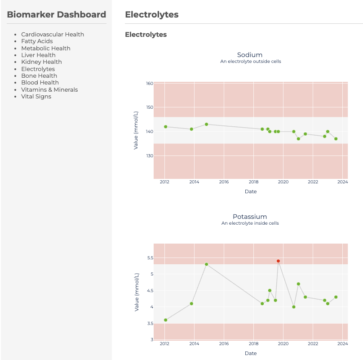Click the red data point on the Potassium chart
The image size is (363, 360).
tap(278, 261)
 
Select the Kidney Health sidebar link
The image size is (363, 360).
tap(41, 62)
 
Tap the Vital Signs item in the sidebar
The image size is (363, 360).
tap(36, 97)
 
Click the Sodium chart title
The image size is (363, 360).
tap(250, 55)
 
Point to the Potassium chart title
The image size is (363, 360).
tap(250, 217)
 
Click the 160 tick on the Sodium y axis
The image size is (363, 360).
tap(150, 84)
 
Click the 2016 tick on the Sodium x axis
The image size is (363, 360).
tap(224, 182)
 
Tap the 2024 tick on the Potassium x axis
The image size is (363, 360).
tap(343, 344)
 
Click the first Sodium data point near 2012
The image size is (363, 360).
tap(165, 127)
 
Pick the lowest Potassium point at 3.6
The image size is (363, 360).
tap(165, 320)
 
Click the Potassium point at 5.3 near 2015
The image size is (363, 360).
tap(206, 264)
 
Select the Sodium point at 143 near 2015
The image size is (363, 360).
tap(206, 124)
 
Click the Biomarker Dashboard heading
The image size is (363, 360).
tap(57, 15)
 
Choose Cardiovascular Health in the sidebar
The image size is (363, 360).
tap(53, 35)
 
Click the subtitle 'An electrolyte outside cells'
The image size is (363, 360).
tap(250, 62)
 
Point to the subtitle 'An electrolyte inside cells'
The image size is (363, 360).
tap(250, 223)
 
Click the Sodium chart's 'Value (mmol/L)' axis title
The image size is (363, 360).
tap(136, 131)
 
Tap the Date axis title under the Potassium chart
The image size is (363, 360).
tap(251, 353)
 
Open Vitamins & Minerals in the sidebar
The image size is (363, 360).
tap(49, 90)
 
